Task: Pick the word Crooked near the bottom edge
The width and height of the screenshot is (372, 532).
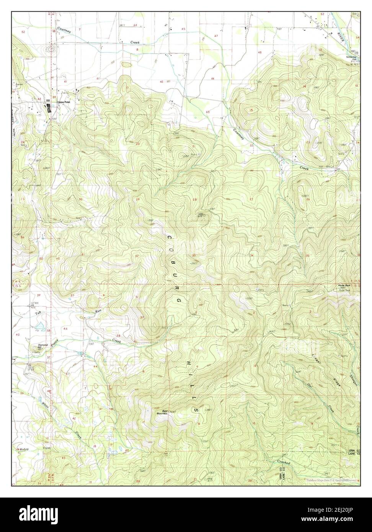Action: pos(284,463)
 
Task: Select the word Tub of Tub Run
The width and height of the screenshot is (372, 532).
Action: pos(38,313)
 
